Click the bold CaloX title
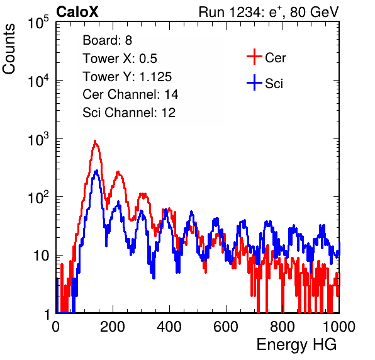pos(77,12)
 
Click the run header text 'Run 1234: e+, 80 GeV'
pos(269,12)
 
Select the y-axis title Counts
pos(9,49)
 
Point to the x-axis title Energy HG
pos(296,345)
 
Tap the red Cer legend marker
pos(254,57)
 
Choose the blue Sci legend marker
pos(254,82)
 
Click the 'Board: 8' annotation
pos(108,40)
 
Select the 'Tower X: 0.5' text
pos(120,59)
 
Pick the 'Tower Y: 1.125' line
pos(127,77)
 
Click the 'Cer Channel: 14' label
pos(130,94)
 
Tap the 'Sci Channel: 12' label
pos(129,113)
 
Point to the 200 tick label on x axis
pos(113,327)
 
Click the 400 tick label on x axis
pos(169,327)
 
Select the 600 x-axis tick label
pos(226,327)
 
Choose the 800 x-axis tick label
pos(283,327)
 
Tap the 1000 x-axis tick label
pos(339,327)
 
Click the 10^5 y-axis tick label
pos(38,22)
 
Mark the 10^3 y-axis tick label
pos(38,139)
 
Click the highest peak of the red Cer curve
pos(95,141)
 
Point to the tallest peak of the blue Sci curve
pos(97,171)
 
